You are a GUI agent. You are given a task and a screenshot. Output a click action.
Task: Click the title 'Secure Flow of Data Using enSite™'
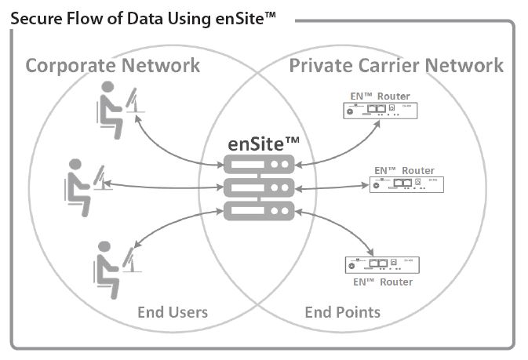[144, 16]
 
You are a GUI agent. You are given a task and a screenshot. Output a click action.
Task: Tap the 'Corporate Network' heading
[112, 64]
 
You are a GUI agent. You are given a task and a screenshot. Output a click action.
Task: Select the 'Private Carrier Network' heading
[396, 64]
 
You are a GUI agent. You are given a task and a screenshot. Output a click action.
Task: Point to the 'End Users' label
[173, 312]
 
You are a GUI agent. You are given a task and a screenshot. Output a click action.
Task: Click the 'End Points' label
[342, 312]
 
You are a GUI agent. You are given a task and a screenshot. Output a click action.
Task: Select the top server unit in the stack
[259, 164]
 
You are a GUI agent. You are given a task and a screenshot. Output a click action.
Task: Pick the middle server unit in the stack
[259, 187]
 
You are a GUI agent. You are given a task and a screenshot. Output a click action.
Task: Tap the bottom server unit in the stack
[259, 210]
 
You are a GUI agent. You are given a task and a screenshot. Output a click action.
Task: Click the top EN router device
[379, 111]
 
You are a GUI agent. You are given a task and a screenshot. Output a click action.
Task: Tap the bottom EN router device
[380, 264]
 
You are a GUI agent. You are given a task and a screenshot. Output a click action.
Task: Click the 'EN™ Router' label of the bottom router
[380, 282]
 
